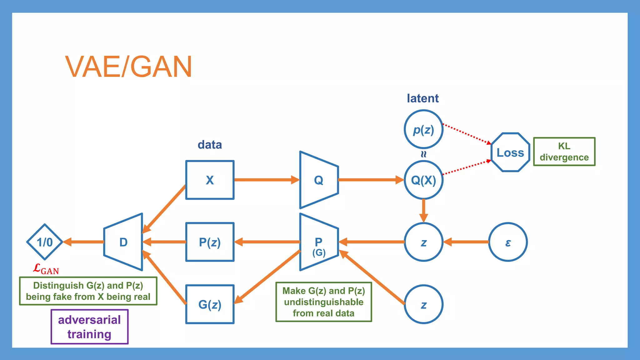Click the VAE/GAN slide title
coord(128,67)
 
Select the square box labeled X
coord(210,180)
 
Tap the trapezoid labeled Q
coord(318,180)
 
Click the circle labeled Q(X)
coord(423,180)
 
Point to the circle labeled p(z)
coord(423,129)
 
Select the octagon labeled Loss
coord(510,152)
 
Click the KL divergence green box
coord(564,152)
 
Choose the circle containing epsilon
coord(508,242)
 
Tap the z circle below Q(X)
coord(423,242)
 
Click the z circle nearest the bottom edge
coord(423,304)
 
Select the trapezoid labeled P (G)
coord(318,242)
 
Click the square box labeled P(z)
coord(210,242)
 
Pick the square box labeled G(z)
coord(210,304)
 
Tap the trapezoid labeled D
coord(123,242)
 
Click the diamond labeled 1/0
coord(45,242)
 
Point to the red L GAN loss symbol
coord(46,269)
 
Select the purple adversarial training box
coord(89,327)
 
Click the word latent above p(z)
coord(422,98)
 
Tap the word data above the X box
coord(210,145)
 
